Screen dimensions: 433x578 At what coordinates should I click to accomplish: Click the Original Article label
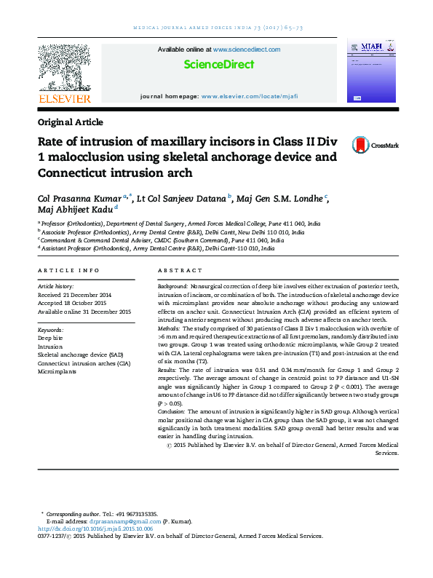tap(70, 122)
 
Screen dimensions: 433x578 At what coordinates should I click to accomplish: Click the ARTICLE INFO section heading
tap(68, 271)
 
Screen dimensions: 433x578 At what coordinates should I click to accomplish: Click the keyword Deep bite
tap(50, 339)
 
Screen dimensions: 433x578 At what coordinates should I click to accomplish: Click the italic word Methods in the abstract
tap(169, 328)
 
